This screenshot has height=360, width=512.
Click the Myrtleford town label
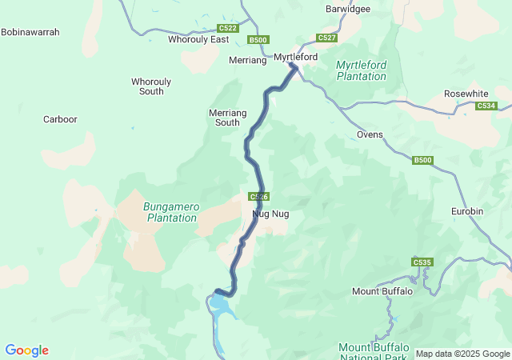[x=295, y=58]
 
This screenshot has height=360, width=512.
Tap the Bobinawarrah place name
[x=30, y=32]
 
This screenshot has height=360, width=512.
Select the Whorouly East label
[x=198, y=39]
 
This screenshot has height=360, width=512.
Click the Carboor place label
[x=60, y=119]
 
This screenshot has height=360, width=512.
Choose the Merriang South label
[x=223, y=118]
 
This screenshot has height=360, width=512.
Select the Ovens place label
[x=370, y=134]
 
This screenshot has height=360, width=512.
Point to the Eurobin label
[x=466, y=211]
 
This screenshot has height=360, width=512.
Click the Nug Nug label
[x=270, y=214]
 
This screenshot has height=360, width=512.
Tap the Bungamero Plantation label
[x=170, y=212]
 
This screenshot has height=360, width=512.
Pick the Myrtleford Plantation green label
[x=361, y=70]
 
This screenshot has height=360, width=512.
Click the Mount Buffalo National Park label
[x=374, y=351]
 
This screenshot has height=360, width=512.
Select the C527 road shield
[x=326, y=38]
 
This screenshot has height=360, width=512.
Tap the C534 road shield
[x=485, y=106]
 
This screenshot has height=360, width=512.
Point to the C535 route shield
[x=422, y=262]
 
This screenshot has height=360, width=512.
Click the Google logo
[x=26, y=350]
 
